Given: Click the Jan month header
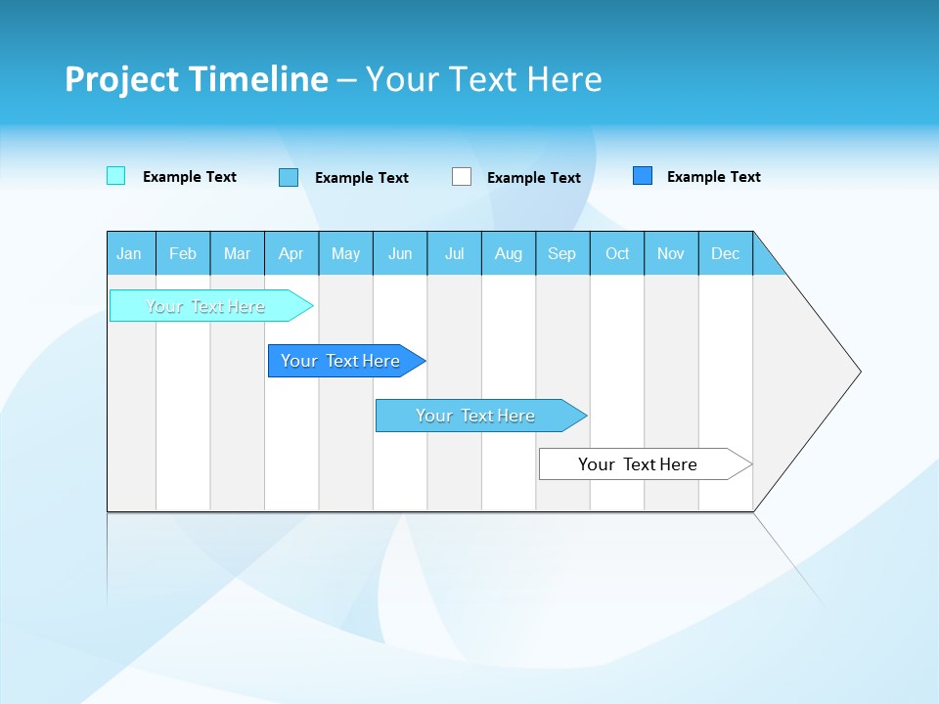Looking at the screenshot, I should coord(130,253).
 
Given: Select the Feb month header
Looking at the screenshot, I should coord(183,253).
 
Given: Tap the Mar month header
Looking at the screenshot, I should coord(237,253).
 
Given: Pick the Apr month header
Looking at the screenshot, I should coord(291,253).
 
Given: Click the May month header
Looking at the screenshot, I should coord(345,253).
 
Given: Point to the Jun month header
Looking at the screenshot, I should coord(400,253).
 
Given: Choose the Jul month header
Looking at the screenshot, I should coord(454,253).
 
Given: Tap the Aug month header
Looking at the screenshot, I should coord(509,253).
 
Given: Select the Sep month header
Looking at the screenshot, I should coord(562,253).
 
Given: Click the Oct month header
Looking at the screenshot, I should coord(617,253).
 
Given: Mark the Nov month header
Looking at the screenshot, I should coord(671,253).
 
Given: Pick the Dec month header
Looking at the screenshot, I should coord(726,253).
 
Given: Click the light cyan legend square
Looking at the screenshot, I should coord(115,176).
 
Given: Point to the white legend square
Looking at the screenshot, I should coord(462,177).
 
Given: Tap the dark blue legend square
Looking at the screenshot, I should coord(643,176).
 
